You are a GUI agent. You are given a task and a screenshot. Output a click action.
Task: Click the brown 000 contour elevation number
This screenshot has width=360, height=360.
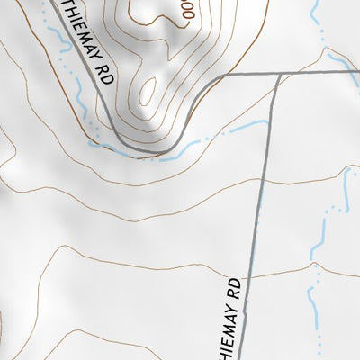click(186, 11)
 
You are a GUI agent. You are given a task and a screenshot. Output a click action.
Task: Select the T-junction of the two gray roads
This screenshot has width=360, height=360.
click(277, 73)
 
